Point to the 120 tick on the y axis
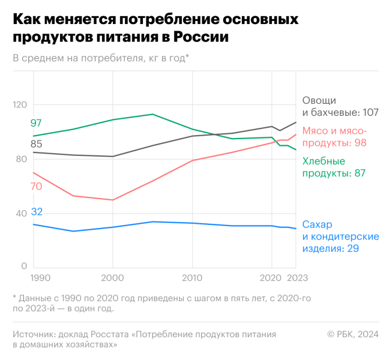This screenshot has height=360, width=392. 21,105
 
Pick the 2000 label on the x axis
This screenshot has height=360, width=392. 112,278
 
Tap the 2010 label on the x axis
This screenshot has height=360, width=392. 192,278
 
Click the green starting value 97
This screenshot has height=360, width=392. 36,124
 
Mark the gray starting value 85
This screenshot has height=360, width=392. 36,144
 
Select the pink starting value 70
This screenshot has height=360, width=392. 36,187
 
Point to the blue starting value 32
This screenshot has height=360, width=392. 36,212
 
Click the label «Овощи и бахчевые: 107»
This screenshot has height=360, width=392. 340,106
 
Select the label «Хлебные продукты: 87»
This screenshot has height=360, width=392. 334,167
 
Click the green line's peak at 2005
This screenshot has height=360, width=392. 152,114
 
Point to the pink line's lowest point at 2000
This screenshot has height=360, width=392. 113,200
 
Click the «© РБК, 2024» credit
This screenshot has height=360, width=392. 353,334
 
